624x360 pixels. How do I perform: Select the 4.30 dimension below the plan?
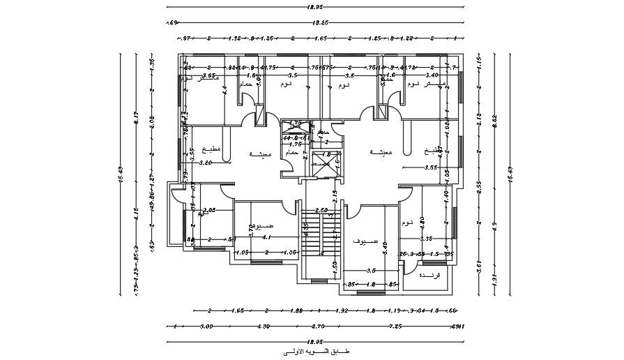click(263, 326)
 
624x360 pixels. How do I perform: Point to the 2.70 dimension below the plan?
click(317, 326)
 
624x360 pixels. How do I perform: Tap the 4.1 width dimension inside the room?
click(266, 238)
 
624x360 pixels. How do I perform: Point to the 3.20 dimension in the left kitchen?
click(205, 163)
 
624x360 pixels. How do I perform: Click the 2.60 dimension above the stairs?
click(321, 210)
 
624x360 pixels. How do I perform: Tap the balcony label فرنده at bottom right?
click(427, 276)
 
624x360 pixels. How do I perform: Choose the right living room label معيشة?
click(381, 151)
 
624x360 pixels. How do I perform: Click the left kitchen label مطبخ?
click(211, 149)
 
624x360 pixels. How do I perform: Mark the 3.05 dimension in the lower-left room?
click(208, 210)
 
